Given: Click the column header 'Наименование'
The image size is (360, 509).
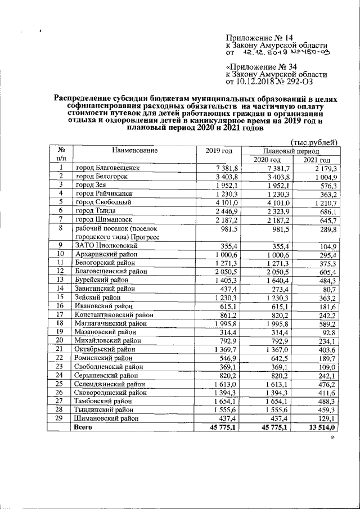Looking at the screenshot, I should pos(134,150).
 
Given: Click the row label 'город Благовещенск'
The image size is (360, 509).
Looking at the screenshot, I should pos(107,168).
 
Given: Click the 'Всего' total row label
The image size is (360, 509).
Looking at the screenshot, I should pos(83,427).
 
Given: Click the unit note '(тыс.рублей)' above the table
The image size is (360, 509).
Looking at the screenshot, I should pos(313,142).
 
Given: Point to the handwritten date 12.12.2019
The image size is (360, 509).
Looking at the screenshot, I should pos(264,52).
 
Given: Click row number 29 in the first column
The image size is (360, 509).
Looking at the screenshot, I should pos(58,418).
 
